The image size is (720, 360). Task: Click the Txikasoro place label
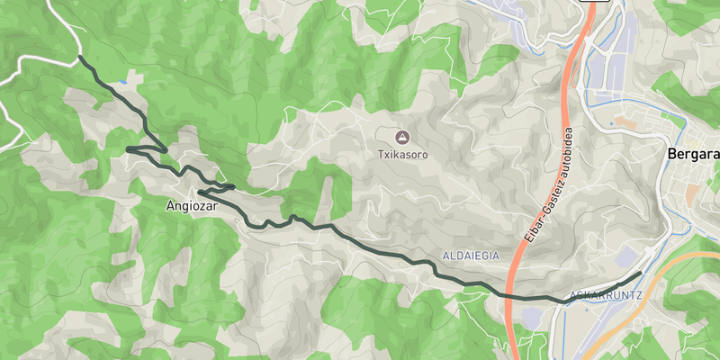(x=401, y=155)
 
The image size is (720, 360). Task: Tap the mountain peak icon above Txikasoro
(x=401, y=138)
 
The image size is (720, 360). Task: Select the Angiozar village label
(x=193, y=206)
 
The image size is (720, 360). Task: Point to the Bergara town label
(x=693, y=154)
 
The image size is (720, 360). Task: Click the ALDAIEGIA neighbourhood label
(x=471, y=256)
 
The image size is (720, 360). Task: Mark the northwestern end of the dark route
(x=80, y=58)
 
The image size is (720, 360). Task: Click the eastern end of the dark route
(x=640, y=273)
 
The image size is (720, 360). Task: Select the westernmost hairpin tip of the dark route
(x=128, y=148)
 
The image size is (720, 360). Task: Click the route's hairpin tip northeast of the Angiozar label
(x=233, y=186)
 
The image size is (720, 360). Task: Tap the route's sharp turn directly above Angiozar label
(x=200, y=193)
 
